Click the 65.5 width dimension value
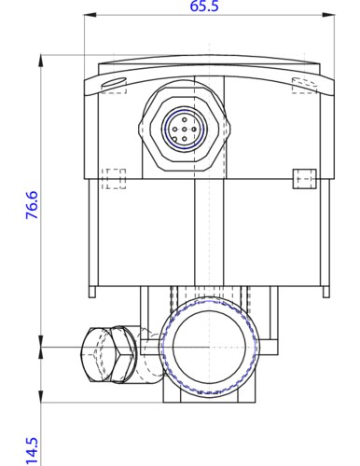click(204, 6)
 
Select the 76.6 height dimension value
click(32, 205)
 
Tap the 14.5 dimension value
click(32, 452)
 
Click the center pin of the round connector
click(185, 130)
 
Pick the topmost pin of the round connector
click(185, 119)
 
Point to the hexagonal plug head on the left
click(108, 354)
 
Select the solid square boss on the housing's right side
click(305, 179)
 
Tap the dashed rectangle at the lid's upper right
click(304, 86)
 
